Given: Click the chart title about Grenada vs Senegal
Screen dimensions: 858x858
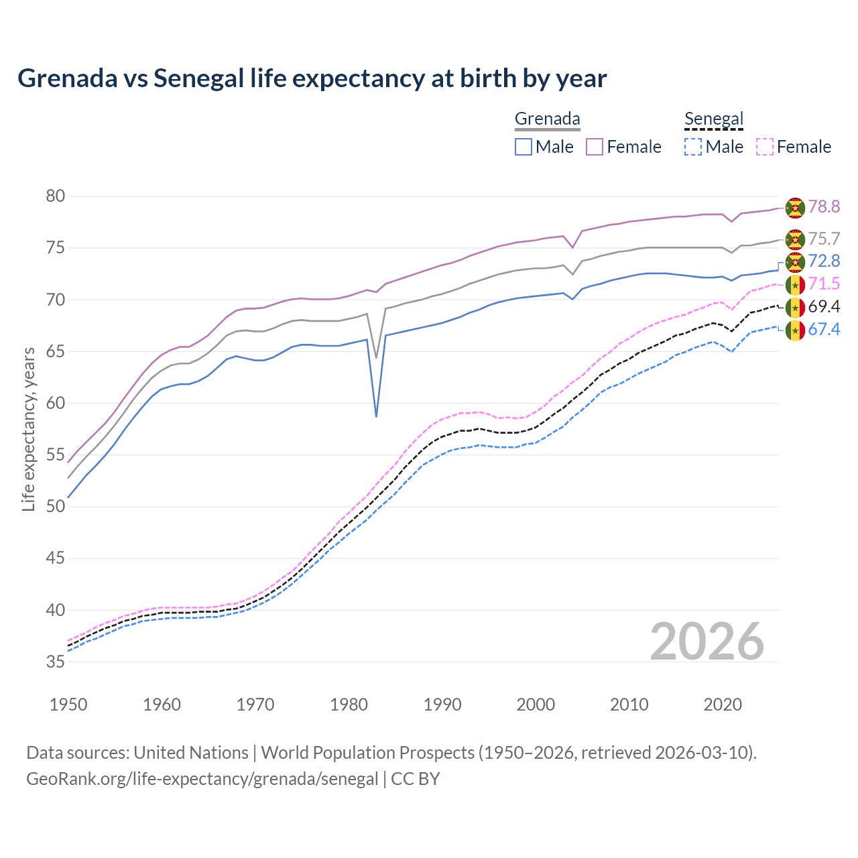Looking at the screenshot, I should [312, 78].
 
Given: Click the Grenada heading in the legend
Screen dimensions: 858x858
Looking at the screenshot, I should [547, 119].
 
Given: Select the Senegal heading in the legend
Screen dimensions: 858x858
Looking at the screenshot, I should [714, 119].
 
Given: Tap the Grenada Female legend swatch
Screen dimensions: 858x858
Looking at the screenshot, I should [595, 147].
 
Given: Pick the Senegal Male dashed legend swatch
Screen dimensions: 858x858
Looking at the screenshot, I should [693, 147].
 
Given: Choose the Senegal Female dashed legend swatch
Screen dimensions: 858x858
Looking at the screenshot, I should [765, 147].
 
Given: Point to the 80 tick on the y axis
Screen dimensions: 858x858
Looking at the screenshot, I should [55, 196].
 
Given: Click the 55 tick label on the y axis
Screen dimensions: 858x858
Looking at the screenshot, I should [55, 455].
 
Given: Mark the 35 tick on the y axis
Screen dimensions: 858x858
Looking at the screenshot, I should [55, 662].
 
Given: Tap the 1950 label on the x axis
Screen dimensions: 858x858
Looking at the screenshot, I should [68, 704].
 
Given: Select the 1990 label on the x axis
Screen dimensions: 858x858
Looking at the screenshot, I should [442, 704].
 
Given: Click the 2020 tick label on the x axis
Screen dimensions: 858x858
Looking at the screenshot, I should [723, 704].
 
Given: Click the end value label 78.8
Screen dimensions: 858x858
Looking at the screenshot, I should [824, 206].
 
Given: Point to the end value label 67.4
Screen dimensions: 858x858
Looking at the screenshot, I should [824, 329].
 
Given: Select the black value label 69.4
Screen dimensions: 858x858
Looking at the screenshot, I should [824, 307].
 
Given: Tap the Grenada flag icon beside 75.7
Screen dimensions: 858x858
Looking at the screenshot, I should [795, 239].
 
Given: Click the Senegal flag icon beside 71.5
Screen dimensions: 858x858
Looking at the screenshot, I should [795, 285].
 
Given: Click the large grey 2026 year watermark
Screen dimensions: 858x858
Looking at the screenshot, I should [707, 641].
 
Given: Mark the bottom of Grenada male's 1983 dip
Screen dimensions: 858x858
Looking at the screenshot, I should [376, 416].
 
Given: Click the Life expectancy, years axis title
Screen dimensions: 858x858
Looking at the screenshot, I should [28, 429].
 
